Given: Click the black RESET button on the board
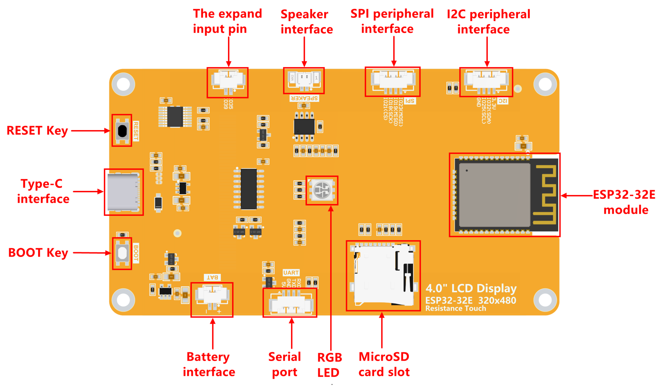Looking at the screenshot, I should [122, 131].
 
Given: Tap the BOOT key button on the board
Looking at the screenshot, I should [122, 253].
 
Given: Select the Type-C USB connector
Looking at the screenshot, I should [123, 192].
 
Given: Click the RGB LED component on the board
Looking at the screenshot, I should [322, 190].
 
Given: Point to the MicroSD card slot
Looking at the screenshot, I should [383, 275].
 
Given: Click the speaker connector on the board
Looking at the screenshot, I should [304, 80].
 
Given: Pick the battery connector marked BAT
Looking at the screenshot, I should [212, 296].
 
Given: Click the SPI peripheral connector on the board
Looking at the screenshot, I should [393, 81].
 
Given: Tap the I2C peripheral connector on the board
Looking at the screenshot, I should [486, 81].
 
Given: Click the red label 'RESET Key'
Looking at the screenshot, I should [37, 131].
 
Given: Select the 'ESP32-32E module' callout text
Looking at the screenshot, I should [625, 202].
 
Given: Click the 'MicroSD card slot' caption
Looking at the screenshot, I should [384, 364].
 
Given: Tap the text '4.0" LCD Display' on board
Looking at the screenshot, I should [471, 288].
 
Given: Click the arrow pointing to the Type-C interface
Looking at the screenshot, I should [88, 191].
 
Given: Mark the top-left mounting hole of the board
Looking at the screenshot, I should [124, 84].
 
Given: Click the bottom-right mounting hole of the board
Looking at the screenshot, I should [545, 300].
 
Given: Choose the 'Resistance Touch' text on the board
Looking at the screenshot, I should [455, 308].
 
